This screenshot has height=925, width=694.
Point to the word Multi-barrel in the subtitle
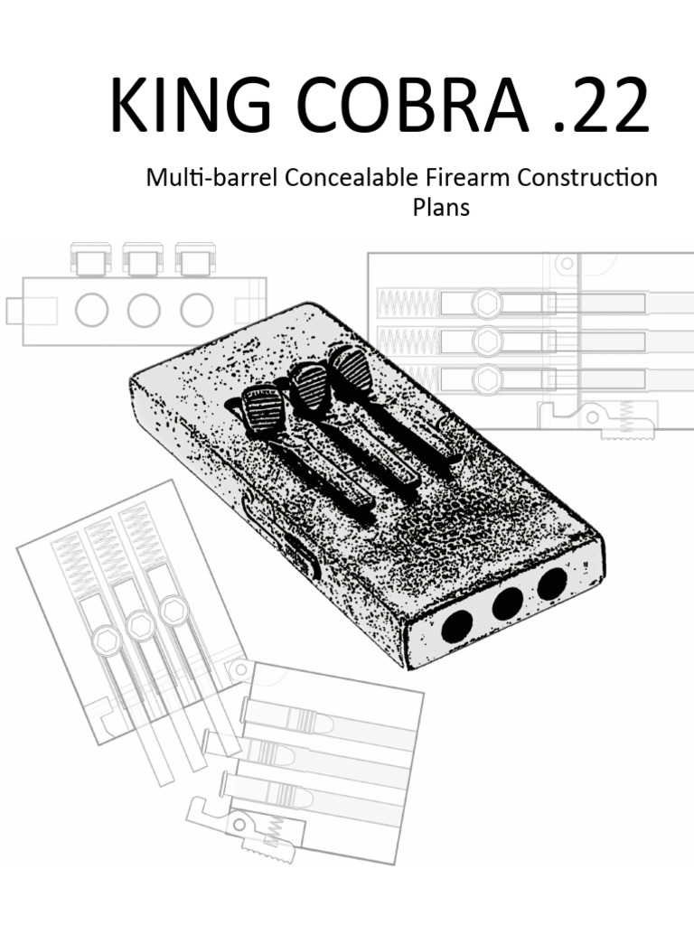(211, 178)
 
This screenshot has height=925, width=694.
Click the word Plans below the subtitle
(441, 208)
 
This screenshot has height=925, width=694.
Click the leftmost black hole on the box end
(457, 627)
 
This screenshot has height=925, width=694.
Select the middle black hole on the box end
(508, 603)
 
